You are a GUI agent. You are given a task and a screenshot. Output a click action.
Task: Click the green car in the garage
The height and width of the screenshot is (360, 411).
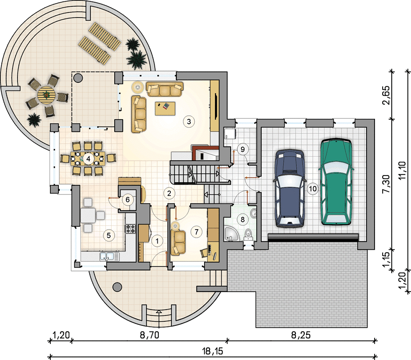(x=335, y=181)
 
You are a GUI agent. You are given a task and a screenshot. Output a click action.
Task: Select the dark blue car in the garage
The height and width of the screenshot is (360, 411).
(x=290, y=188)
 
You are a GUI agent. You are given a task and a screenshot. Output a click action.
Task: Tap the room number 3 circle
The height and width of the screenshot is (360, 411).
(x=189, y=121)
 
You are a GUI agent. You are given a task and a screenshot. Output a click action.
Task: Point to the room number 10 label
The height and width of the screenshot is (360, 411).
(x=313, y=189)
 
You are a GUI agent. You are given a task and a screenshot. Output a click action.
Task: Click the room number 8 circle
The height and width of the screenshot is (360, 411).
(x=242, y=219)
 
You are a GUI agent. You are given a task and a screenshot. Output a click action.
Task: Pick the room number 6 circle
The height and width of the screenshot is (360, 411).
(x=128, y=200)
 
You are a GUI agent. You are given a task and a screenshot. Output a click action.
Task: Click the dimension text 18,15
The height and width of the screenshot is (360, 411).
(x=213, y=351)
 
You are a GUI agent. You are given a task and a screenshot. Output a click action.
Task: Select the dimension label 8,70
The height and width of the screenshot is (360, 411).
(x=149, y=335)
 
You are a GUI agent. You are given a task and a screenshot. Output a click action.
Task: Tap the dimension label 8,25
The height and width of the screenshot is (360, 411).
(x=301, y=335)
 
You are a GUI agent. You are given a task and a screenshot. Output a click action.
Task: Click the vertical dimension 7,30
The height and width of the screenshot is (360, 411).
(x=386, y=184)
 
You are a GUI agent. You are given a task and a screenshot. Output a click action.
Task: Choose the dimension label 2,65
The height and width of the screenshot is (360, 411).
(x=386, y=95)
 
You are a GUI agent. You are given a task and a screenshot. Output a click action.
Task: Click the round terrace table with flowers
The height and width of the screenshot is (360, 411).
(x=47, y=94)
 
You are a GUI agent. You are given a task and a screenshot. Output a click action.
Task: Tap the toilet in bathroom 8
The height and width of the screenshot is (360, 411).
(x=248, y=235)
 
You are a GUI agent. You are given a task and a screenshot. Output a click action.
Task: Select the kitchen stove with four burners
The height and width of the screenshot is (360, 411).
(x=130, y=229)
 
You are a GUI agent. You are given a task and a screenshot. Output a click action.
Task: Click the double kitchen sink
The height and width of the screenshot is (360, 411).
(x=109, y=256)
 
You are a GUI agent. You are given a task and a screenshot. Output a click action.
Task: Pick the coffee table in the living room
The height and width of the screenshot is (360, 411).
(x=165, y=108)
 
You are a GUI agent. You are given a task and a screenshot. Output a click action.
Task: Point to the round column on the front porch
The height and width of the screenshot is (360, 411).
(x=117, y=287)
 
